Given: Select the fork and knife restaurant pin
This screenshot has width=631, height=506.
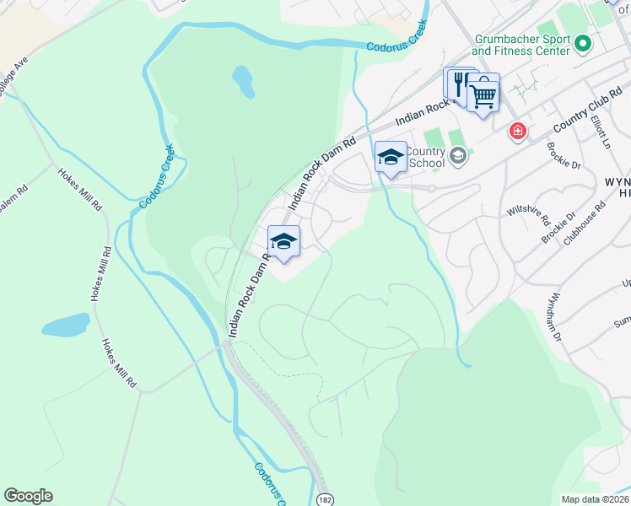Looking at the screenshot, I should pos(460,85).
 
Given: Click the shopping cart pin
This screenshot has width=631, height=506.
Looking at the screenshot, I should pos(483,96).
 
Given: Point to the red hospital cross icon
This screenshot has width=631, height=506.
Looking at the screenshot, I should pos(517,132).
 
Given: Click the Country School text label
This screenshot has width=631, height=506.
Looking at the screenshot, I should pos(425,157).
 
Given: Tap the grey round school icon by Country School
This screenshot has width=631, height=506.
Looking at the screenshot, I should pos(458,154).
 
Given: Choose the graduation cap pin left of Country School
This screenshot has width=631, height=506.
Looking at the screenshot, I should pos(390,157).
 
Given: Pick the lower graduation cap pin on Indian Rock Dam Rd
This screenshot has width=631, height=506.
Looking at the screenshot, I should pos(284,242).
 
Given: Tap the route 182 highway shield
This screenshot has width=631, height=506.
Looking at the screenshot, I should pos(326,499).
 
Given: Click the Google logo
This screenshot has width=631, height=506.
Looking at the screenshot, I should pos(28,496).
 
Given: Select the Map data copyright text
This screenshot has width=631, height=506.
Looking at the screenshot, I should pos(596,499).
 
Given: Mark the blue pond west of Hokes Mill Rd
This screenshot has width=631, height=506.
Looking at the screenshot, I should pos(65,325).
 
